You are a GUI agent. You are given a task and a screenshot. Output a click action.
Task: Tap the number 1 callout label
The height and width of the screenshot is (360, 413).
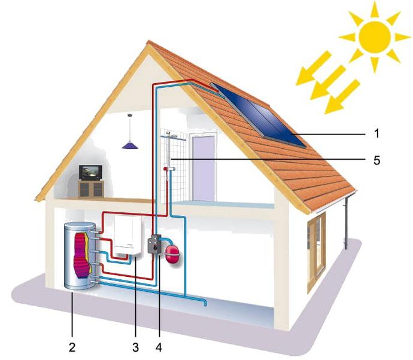click(376, 132)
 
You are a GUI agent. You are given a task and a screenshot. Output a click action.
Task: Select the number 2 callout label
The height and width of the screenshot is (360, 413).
click(72, 346)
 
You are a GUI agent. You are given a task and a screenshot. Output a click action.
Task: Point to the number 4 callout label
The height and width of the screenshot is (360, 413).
click(158, 346)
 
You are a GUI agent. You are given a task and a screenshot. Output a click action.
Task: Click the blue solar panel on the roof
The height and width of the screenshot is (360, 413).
click(260, 113)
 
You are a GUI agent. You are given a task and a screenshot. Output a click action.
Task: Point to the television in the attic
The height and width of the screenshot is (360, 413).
click(92, 173)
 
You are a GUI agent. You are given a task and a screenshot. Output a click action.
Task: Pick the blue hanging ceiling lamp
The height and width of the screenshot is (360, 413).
click(129, 144)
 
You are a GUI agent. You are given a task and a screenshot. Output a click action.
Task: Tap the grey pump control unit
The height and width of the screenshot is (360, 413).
click(155, 246)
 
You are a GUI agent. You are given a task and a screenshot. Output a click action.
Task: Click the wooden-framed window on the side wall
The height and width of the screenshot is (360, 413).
click(316, 252)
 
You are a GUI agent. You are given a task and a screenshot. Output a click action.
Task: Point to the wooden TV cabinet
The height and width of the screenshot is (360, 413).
click(92, 188)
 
